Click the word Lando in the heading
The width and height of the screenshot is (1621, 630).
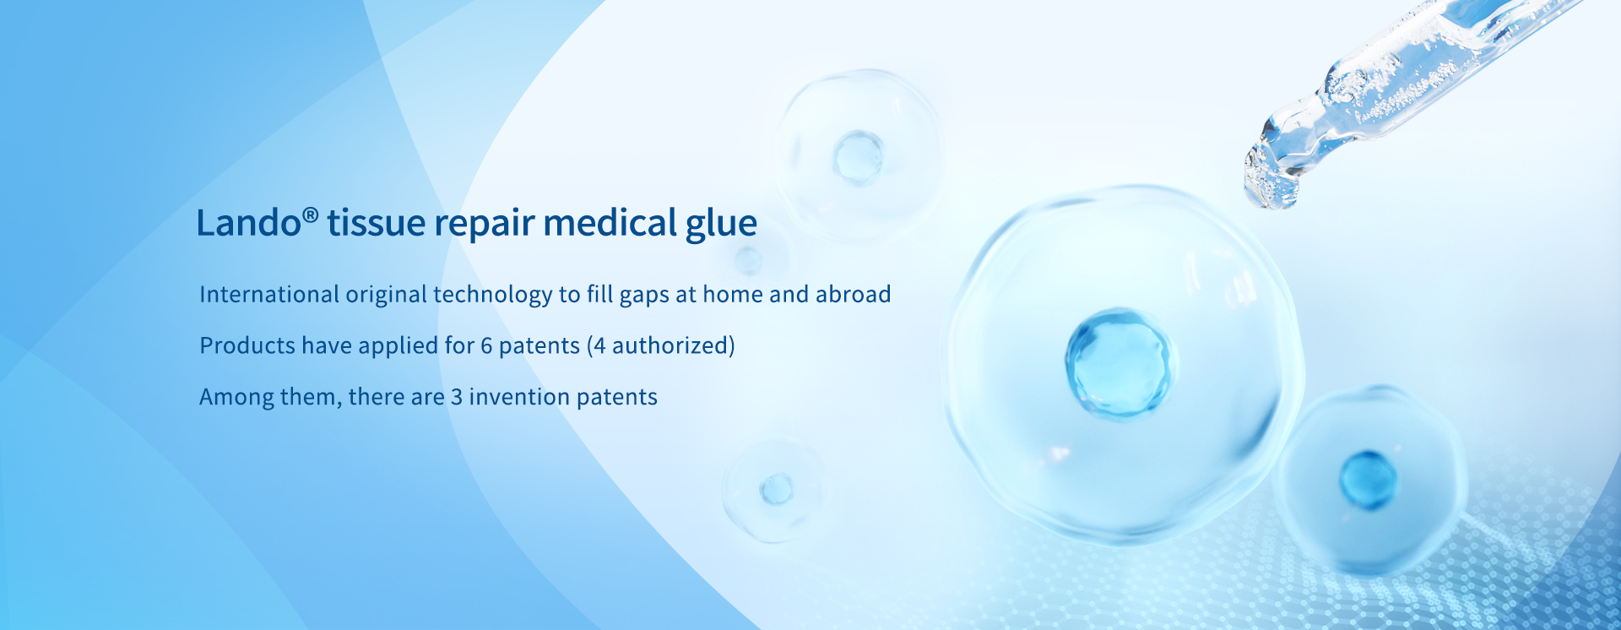point(249,223)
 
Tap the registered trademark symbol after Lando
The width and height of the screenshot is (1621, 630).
point(311,215)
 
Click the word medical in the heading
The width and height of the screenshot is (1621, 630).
point(610,223)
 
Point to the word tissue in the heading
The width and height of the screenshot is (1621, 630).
point(377,224)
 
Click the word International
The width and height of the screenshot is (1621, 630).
point(269,294)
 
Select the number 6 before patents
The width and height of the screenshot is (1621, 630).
point(486,346)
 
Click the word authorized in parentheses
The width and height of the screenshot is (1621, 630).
point(670,345)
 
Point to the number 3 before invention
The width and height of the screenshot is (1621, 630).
point(456,398)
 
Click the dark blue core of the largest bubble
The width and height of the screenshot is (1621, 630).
point(1118,363)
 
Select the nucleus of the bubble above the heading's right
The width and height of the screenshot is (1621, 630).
point(858,158)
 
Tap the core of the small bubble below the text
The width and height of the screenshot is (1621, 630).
point(776,489)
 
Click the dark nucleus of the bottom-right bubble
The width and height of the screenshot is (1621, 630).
point(1368,480)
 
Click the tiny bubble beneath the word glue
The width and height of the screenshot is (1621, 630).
point(747,261)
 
